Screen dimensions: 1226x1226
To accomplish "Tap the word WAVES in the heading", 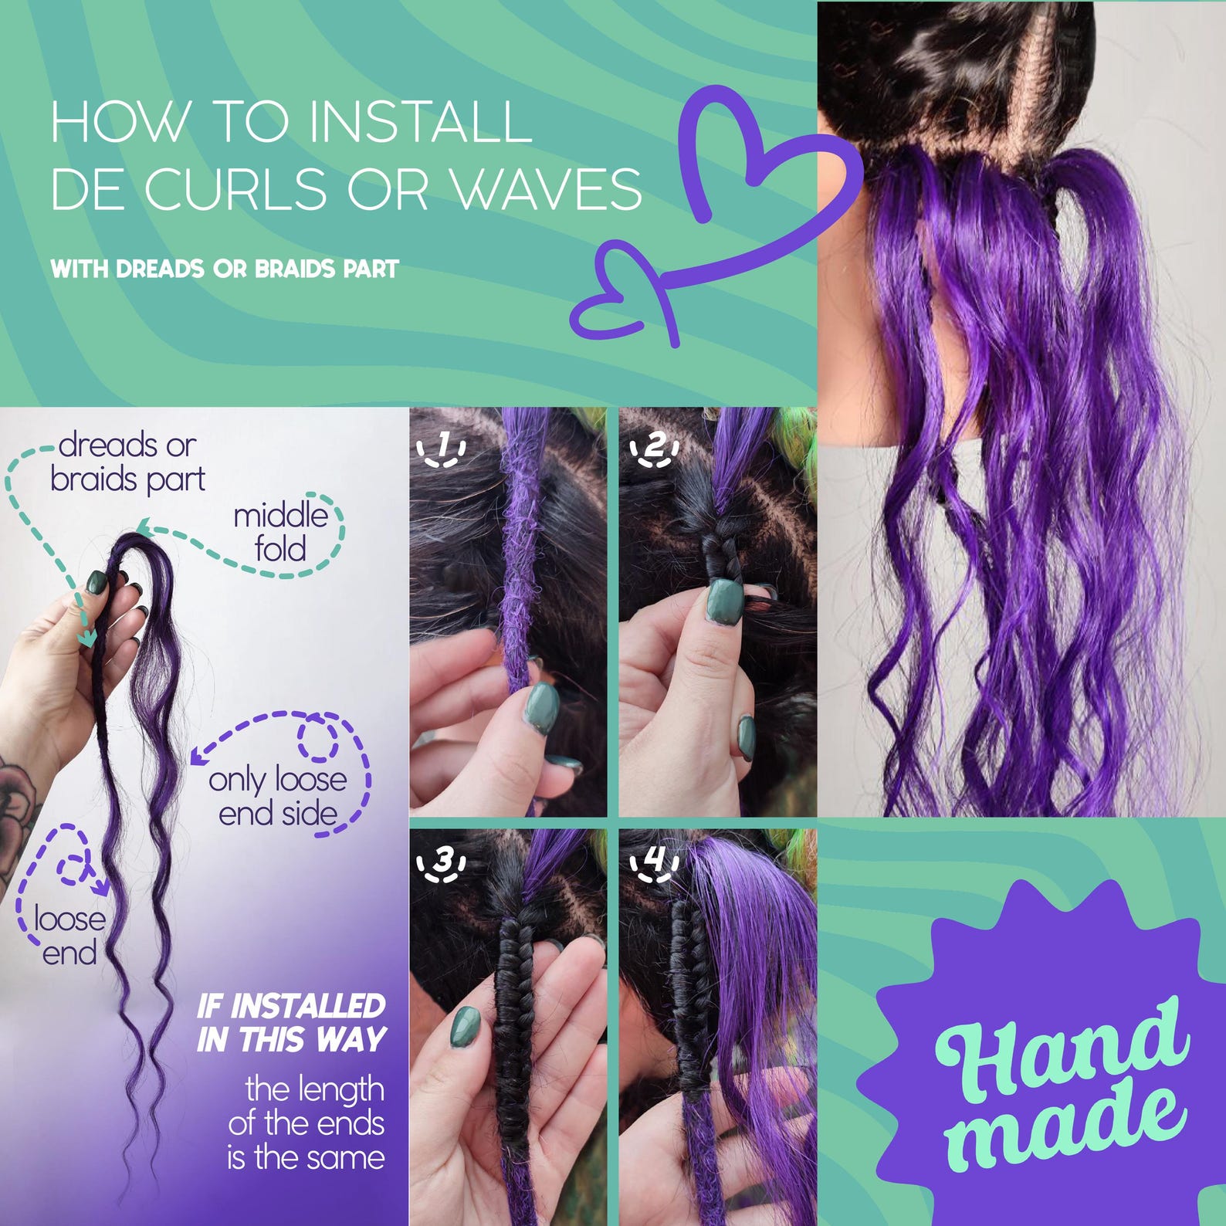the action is (x=547, y=188).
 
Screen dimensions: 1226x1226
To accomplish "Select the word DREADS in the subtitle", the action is (x=160, y=269).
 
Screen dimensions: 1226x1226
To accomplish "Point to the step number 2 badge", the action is (x=655, y=449).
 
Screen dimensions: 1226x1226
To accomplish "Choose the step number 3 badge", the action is (x=442, y=865).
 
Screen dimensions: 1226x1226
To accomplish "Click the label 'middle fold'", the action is (x=281, y=532).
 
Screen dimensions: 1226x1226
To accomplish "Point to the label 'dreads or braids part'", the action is (x=127, y=462).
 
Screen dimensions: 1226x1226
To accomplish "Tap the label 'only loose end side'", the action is (x=278, y=796).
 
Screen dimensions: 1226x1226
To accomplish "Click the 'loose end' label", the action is (x=69, y=935).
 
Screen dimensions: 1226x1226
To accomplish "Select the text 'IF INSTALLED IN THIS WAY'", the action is (x=291, y=1023).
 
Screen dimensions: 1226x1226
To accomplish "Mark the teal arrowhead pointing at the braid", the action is (x=86, y=638).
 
